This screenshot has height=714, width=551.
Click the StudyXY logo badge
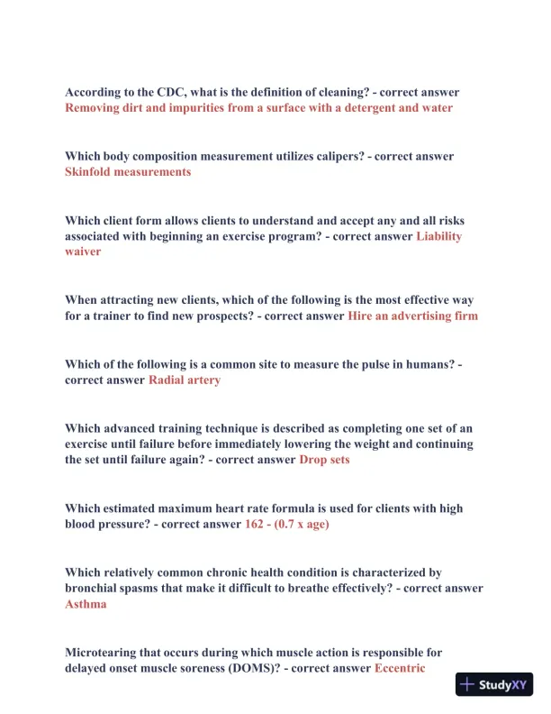tap(494, 684)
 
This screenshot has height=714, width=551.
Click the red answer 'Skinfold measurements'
tap(128, 171)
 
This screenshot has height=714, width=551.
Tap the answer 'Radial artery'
tap(185, 380)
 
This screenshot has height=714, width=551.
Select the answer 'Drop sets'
tap(324, 459)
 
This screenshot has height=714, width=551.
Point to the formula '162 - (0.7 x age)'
tap(287, 523)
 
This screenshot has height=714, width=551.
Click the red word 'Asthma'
tap(86, 604)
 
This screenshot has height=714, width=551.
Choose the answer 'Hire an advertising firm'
tap(413, 316)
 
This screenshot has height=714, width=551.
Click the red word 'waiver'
tap(83, 252)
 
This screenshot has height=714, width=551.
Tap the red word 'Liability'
tap(439, 235)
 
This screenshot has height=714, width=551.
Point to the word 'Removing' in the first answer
tap(94, 107)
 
